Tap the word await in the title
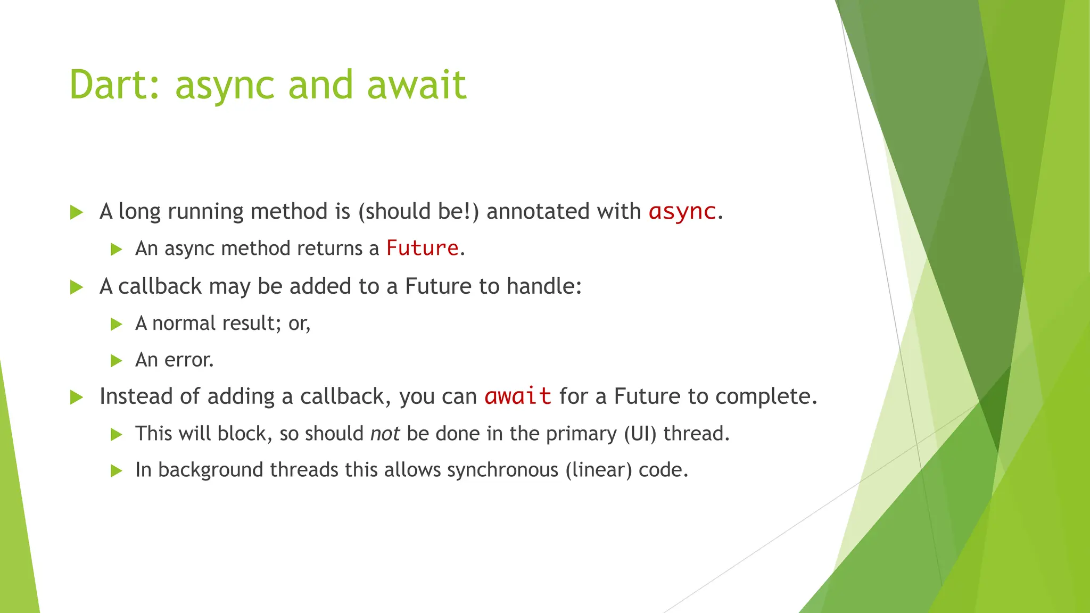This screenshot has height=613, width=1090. pyautogui.click(x=417, y=85)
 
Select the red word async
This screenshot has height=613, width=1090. pyautogui.click(x=682, y=211)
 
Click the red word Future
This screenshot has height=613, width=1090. pyautogui.click(x=422, y=248)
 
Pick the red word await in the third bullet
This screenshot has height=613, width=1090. pyautogui.click(x=517, y=396)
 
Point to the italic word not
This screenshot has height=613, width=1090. pyautogui.click(x=385, y=434)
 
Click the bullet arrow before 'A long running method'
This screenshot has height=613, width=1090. pyautogui.click(x=77, y=212)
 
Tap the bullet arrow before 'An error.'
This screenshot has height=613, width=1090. pyautogui.click(x=116, y=361)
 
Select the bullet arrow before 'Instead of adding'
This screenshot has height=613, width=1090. pyautogui.click(x=77, y=397)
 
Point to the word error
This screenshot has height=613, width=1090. pyautogui.click(x=189, y=360)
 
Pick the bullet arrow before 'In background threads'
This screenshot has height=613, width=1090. pyautogui.click(x=116, y=470)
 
